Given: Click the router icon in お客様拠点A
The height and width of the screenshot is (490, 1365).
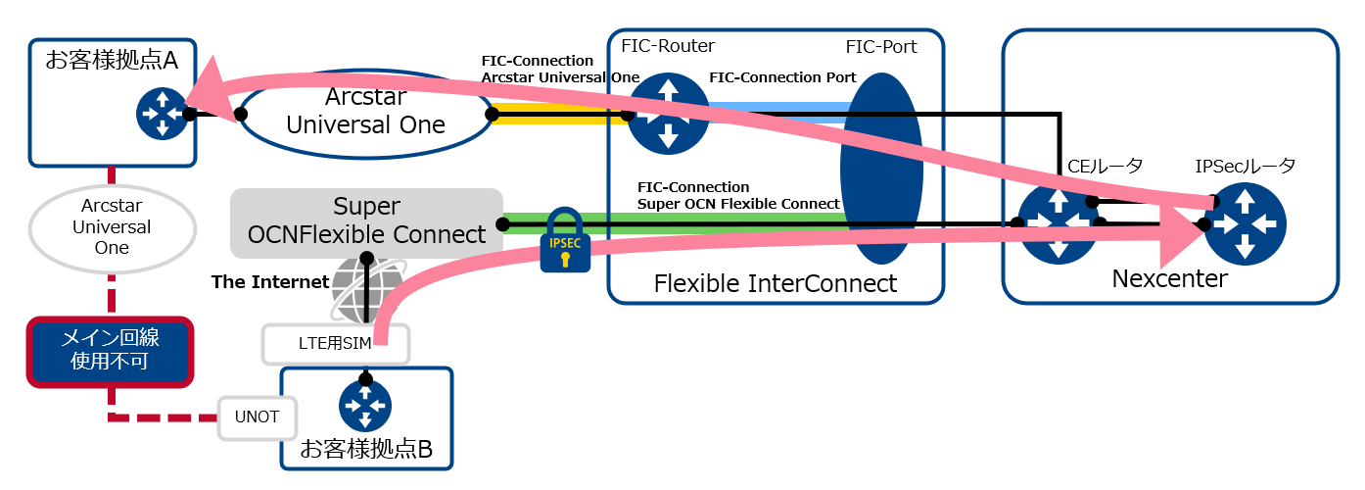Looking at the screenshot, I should click(x=162, y=114).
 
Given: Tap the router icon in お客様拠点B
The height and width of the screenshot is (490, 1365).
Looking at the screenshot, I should click(x=365, y=406).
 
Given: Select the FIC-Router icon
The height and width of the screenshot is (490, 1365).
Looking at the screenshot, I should click(x=668, y=115).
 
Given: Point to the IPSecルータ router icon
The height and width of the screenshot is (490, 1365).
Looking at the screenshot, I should click(x=1245, y=224).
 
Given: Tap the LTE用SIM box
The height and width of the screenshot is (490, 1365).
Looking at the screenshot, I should click(x=336, y=344).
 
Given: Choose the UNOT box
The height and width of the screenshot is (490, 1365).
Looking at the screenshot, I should click(x=258, y=417).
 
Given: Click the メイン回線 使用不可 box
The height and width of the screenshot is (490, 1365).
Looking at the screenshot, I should click(x=111, y=350).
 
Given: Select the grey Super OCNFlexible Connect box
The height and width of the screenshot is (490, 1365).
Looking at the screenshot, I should click(x=366, y=222).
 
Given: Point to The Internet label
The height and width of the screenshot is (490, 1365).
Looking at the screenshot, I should click(x=270, y=282).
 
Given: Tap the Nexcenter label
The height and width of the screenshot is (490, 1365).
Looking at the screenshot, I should click(x=1169, y=279).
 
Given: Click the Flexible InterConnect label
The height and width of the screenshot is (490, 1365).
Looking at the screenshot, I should click(x=776, y=283).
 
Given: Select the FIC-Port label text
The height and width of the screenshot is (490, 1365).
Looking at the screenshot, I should click(x=881, y=47).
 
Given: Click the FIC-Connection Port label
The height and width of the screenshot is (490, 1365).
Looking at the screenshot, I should click(x=782, y=77).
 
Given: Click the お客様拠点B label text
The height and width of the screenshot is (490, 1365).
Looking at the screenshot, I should click(x=365, y=450).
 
